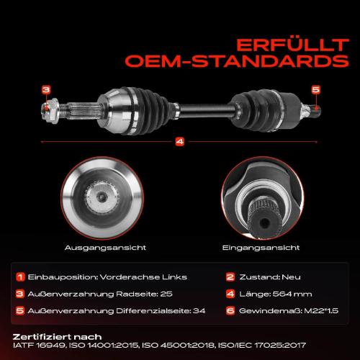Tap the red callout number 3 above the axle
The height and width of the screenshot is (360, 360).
coord(46,89)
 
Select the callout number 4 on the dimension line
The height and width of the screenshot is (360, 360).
coord(179,142)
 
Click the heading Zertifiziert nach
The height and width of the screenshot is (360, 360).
coord(58,336)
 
